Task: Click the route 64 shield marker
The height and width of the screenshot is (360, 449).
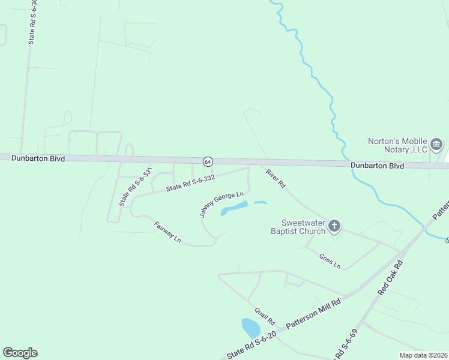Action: tap(208, 162)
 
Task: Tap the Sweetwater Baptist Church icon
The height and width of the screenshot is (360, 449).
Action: tap(334, 226)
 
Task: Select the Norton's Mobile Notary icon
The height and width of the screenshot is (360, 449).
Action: tap(436, 144)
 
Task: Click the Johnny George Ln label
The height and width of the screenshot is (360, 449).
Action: tap(221, 204)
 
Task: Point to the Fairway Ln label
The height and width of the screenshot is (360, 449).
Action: tap(167, 232)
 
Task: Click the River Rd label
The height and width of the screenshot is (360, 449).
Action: tap(276, 178)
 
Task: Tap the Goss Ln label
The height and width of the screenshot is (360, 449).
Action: tap(330, 262)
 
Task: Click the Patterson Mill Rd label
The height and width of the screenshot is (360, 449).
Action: tap(313, 313)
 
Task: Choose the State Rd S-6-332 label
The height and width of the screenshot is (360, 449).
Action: tap(190, 183)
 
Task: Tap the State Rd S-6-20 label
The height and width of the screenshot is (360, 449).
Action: tap(252, 345)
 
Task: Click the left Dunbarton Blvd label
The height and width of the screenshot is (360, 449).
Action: tap(37, 157)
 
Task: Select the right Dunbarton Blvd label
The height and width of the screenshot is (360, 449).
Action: tap(378, 165)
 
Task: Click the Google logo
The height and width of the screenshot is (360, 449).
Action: tap(20, 353)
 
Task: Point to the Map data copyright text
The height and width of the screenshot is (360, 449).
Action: tap(423, 355)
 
